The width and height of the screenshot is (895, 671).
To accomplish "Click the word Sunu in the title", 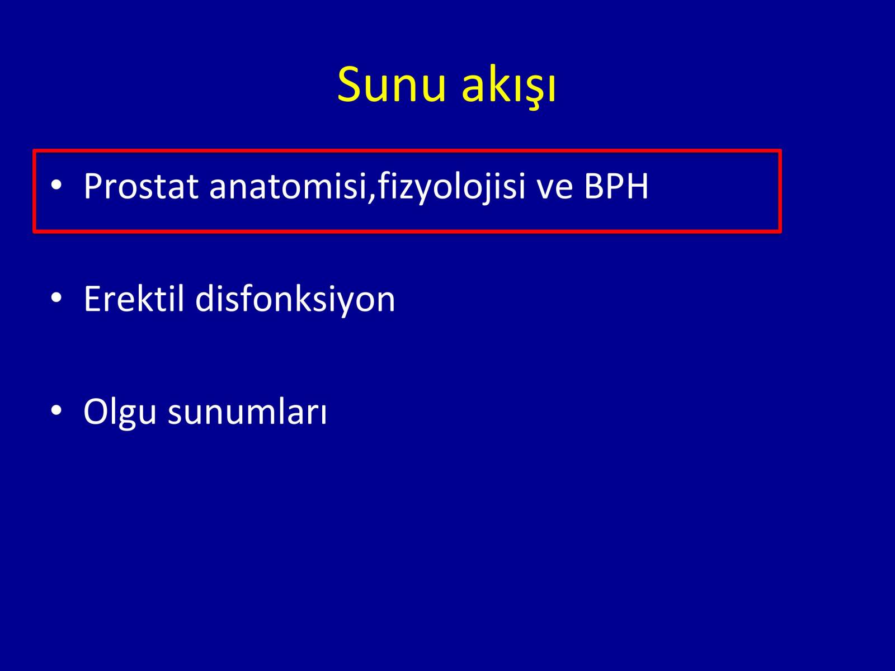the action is (x=391, y=84).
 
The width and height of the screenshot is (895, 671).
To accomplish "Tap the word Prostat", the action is (x=141, y=186).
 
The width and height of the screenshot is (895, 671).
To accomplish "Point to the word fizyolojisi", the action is (x=451, y=187).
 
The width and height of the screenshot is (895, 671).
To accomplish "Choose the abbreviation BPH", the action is (x=616, y=186).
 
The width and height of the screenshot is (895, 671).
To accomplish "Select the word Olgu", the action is (x=120, y=412).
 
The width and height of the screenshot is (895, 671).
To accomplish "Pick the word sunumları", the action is (x=247, y=412).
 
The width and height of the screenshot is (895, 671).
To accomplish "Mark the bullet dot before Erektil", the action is (x=56, y=298).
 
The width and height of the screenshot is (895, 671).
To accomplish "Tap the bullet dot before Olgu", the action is (x=56, y=410).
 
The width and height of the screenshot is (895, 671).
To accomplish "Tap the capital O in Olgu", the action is (x=96, y=412).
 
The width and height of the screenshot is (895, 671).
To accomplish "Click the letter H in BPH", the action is (x=637, y=186).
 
